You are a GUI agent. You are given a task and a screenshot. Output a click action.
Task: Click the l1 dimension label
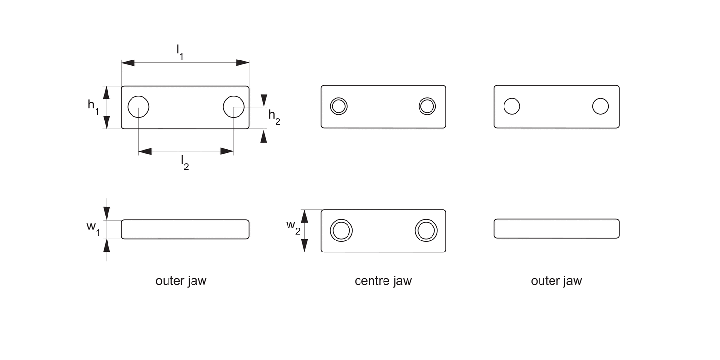tap(180, 51)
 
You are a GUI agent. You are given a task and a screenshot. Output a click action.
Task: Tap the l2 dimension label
tap(185, 162)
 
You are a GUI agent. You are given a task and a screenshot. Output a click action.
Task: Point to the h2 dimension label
tap(274, 117)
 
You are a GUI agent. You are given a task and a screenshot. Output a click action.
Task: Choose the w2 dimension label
tap(293, 226)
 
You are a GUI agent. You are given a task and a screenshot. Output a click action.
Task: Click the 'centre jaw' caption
tap(383, 281)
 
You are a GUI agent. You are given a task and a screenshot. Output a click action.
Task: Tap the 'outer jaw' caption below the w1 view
tap(181, 281)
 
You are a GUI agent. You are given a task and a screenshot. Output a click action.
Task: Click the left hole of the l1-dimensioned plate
tap(138, 106)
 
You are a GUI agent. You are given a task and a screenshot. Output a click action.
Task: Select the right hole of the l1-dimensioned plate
tap(234, 106)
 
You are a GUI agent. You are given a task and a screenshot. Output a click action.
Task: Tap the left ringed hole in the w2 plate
tap(341, 230)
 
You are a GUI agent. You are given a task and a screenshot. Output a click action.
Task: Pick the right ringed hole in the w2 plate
tap(426, 230)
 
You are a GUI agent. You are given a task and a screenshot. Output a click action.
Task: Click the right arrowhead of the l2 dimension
tap(227, 151)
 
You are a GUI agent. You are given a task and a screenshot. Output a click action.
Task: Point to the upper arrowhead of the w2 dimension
tap(304, 216)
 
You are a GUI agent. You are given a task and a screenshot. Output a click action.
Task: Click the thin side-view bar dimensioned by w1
tap(185, 229)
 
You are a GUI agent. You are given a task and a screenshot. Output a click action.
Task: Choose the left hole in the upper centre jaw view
tap(338, 106)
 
